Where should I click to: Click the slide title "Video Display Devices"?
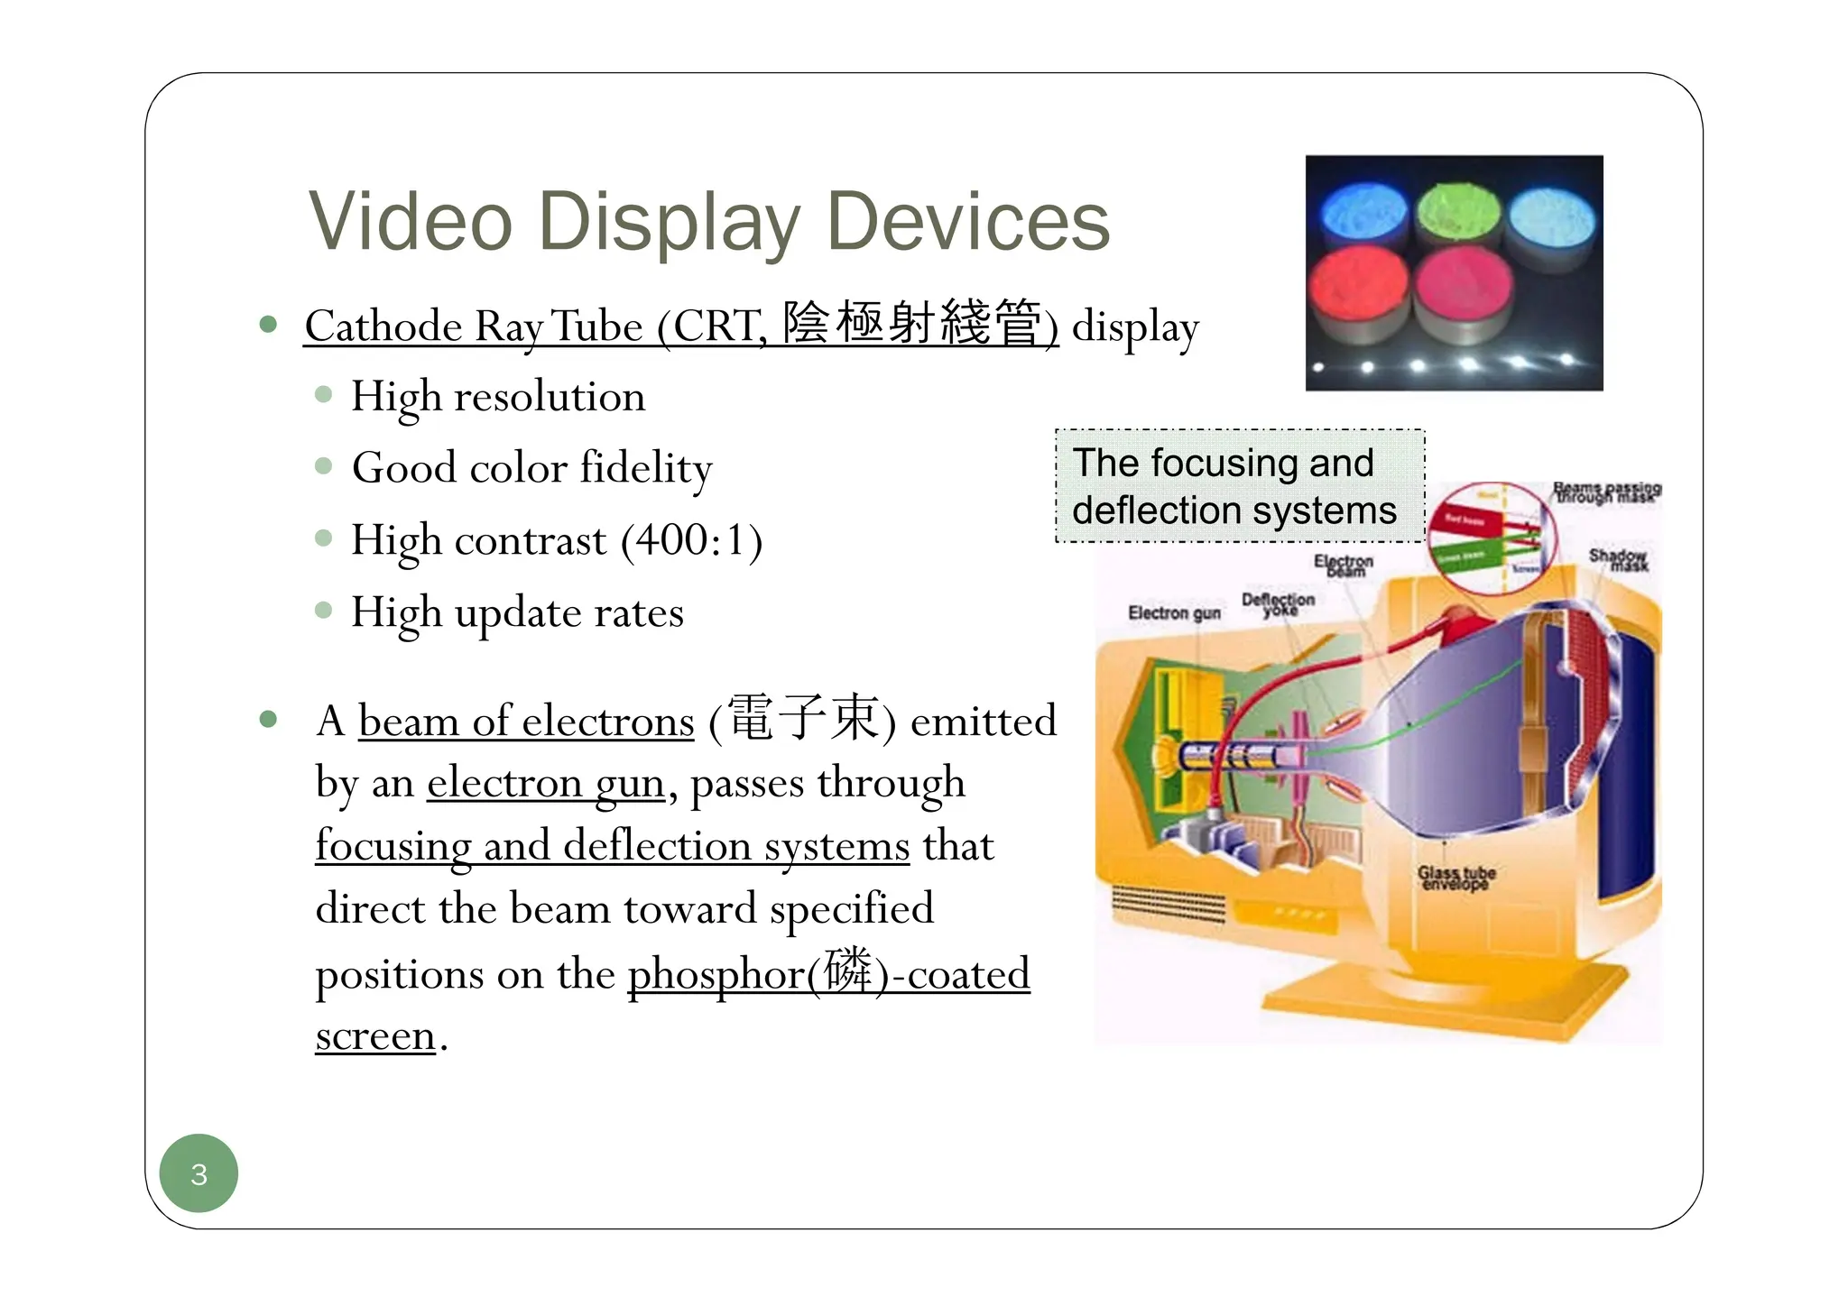coord(708,222)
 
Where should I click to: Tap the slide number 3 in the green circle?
coord(199,1173)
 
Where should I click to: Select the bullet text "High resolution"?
coord(498,397)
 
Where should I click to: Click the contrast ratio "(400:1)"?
coord(691,540)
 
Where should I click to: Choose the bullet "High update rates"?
coord(517,613)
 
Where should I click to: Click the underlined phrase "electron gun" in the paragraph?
coord(546,783)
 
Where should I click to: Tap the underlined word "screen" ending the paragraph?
coord(375,1035)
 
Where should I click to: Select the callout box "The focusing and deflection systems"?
coord(1239,486)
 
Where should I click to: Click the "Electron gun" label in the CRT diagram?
coord(1173,613)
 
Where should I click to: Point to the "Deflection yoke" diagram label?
coord(1278,604)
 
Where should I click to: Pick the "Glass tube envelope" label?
coord(1455,878)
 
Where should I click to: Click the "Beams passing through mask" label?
coord(1607,492)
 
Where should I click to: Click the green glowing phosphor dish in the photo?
coord(1457,214)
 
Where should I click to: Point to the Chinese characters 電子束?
coord(802,719)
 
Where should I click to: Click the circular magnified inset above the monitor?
coord(1492,538)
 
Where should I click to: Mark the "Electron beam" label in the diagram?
coord(1344,566)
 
